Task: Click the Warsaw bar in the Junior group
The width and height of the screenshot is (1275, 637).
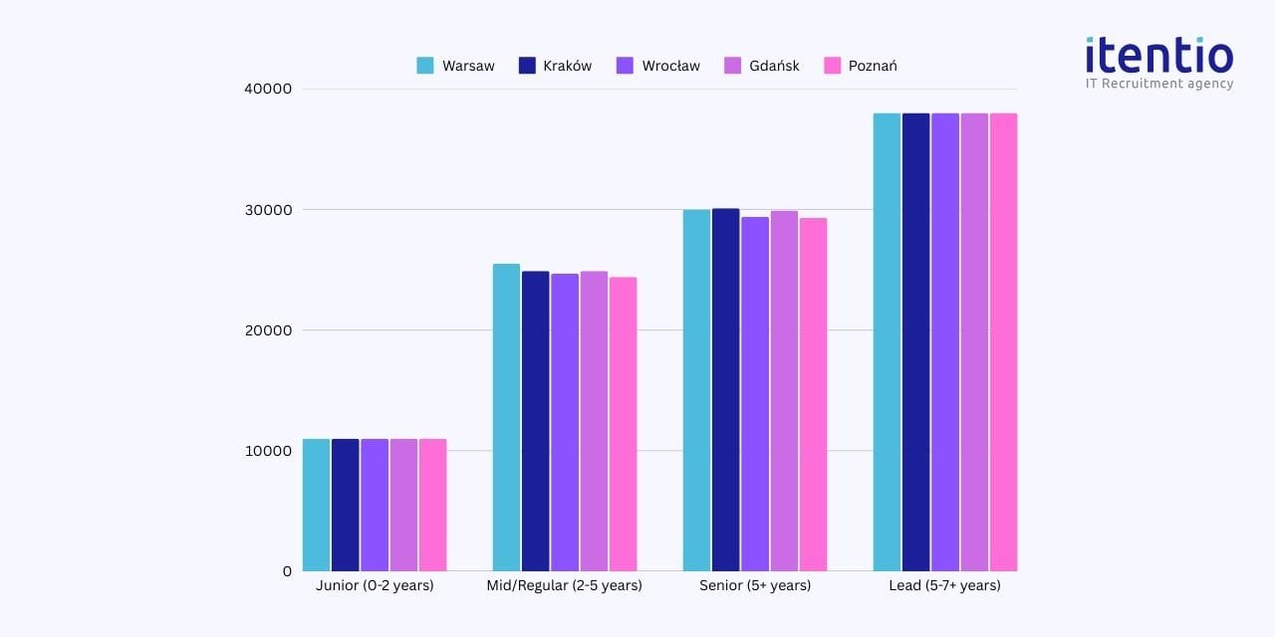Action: click(316, 505)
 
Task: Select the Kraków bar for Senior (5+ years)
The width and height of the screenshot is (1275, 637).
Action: click(725, 389)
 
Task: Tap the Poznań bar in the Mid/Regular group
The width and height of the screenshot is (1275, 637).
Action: click(624, 424)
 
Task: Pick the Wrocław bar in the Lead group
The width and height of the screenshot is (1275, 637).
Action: click(945, 341)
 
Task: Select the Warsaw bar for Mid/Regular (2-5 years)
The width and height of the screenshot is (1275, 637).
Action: click(506, 417)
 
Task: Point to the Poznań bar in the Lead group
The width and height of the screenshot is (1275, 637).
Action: click(1003, 341)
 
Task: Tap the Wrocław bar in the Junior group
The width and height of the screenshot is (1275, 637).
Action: click(375, 505)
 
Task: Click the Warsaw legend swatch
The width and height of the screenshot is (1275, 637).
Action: click(425, 66)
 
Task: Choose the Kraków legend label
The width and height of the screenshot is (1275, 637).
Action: click(567, 66)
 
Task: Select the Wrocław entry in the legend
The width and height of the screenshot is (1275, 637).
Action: click(658, 66)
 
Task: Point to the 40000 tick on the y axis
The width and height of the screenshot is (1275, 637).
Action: click(267, 89)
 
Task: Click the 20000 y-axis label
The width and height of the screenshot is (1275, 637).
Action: click(267, 330)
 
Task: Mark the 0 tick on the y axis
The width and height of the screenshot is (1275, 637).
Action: click(287, 571)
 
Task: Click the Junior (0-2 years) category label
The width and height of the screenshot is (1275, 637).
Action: click(375, 585)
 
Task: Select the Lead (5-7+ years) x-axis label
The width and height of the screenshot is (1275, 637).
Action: click(944, 585)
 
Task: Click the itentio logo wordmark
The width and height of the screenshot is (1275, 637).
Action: click(1159, 55)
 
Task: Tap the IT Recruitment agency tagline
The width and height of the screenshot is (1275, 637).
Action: click(1159, 84)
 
